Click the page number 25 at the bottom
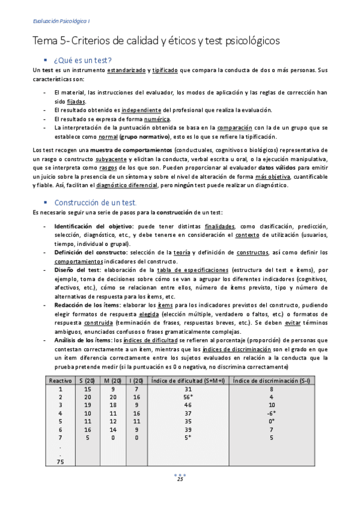[180, 479]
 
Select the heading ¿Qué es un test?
[82, 60]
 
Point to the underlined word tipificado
[165, 70]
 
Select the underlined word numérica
[156, 119]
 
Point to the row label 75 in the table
[60, 461]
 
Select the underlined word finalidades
[220, 226]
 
